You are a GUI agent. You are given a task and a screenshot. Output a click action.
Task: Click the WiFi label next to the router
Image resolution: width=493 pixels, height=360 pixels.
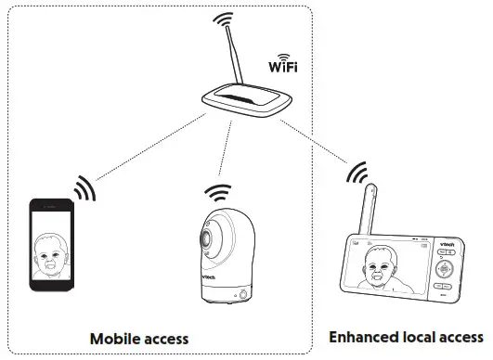pyautogui.click(x=283, y=67)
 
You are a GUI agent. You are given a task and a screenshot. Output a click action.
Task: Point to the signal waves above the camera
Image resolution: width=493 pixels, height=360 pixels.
pyautogui.click(x=217, y=193)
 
